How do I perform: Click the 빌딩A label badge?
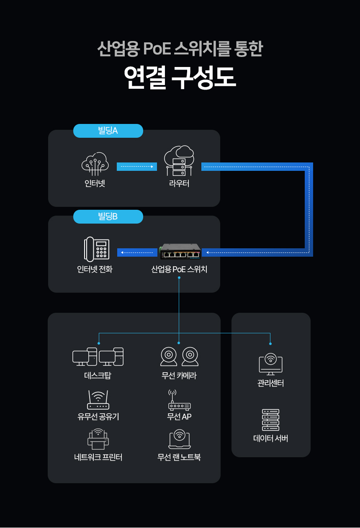(x=108, y=131)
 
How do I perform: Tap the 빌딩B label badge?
(x=108, y=216)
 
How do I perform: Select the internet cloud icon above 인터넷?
(x=95, y=164)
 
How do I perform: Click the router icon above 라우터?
(x=179, y=160)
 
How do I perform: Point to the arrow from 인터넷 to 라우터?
(x=137, y=167)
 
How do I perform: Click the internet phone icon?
(x=97, y=249)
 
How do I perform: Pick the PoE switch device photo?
(x=180, y=252)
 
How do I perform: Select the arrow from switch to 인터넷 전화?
(x=137, y=252)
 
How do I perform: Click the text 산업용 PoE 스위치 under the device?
(x=179, y=269)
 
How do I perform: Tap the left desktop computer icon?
(x=85, y=357)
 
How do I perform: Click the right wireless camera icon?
(x=190, y=356)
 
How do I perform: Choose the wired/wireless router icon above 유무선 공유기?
(x=98, y=400)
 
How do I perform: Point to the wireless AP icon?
(x=179, y=400)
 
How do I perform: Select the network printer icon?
(x=98, y=439)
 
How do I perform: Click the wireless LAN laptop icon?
(x=180, y=439)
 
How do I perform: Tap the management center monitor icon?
(x=270, y=364)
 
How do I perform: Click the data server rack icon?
(x=271, y=420)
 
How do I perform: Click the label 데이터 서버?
(x=271, y=438)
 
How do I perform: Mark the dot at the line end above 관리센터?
(x=270, y=344)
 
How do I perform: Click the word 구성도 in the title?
(x=203, y=77)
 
